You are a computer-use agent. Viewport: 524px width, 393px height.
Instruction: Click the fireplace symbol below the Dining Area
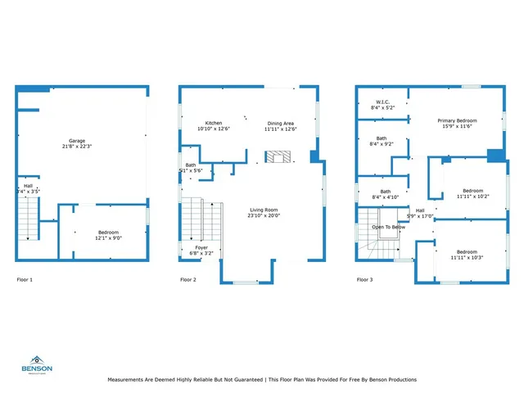click(x=278, y=156)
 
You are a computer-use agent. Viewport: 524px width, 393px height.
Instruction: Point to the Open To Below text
click(x=388, y=227)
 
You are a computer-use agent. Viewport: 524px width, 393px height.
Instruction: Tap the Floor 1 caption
click(x=25, y=280)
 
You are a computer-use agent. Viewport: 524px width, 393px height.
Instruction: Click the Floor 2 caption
click(x=188, y=280)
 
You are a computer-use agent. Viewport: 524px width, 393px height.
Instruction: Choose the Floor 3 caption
click(x=364, y=280)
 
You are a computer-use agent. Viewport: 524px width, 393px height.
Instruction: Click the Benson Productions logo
click(x=37, y=363)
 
